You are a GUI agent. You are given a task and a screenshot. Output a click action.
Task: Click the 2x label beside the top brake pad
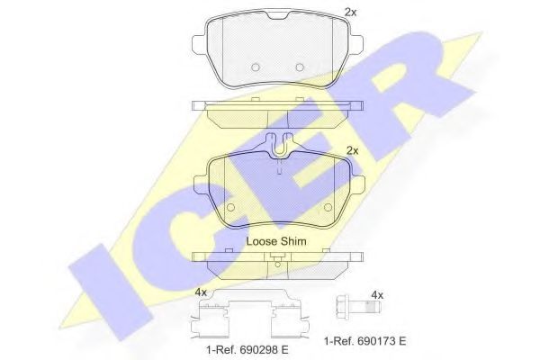(351, 12)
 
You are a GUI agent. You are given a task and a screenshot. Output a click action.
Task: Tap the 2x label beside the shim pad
(353, 150)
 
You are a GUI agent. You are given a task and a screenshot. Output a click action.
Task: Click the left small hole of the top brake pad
(255, 67)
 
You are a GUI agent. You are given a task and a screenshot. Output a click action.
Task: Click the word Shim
(293, 242)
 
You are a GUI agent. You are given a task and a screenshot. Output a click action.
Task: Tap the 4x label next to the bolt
(377, 294)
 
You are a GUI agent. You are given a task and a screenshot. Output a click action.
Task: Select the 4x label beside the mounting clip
(201, 292)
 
